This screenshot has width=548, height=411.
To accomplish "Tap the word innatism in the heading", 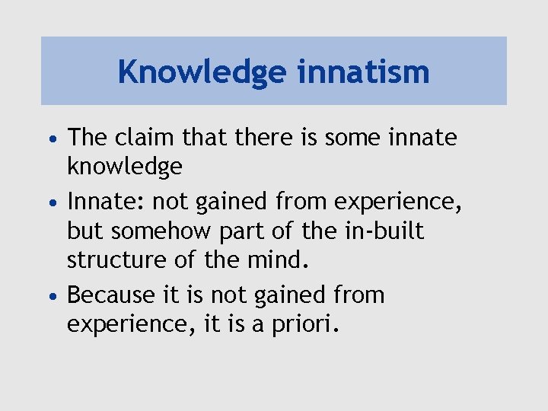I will coord(363,72).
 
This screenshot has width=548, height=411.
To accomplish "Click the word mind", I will coord(280,261).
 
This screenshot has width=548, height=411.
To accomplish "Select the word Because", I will coord(112,295).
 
